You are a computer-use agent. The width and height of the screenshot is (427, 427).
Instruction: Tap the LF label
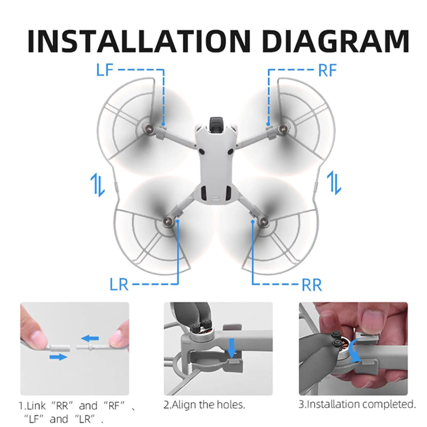pos(105,70)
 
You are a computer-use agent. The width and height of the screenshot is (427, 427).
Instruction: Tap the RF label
pos(327,70)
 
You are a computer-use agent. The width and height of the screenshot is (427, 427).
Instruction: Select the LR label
pos(119,284)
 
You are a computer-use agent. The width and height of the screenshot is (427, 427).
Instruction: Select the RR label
pos(311,285)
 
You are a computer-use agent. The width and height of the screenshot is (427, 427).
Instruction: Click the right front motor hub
pos(281,129)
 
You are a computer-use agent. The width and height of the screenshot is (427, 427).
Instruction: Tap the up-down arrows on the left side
pos(98,184)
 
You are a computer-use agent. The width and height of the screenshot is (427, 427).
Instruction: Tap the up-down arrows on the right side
pos(334,183)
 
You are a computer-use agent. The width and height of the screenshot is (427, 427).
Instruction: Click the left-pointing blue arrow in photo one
pos(90,339)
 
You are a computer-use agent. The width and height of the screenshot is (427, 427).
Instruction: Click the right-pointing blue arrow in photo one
pos(58,357)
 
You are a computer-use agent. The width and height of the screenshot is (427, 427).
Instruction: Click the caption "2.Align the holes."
pos(204,405)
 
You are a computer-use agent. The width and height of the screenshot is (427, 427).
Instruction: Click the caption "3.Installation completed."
pos(357,404)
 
